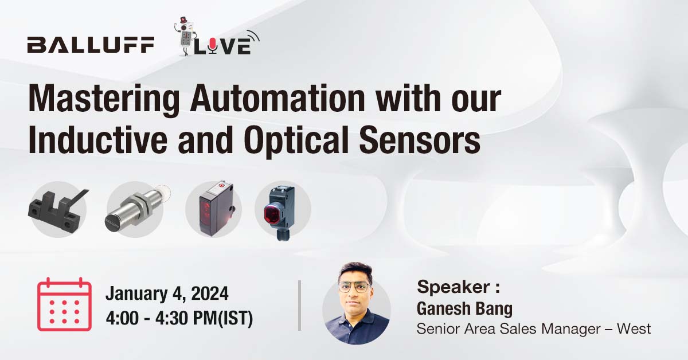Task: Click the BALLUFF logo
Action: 91,45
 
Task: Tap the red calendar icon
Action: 64,305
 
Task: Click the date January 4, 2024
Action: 167,295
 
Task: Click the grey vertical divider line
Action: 299,305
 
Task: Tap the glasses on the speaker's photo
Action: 353,287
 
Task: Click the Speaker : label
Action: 459,286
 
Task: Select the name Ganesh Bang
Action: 464,308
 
